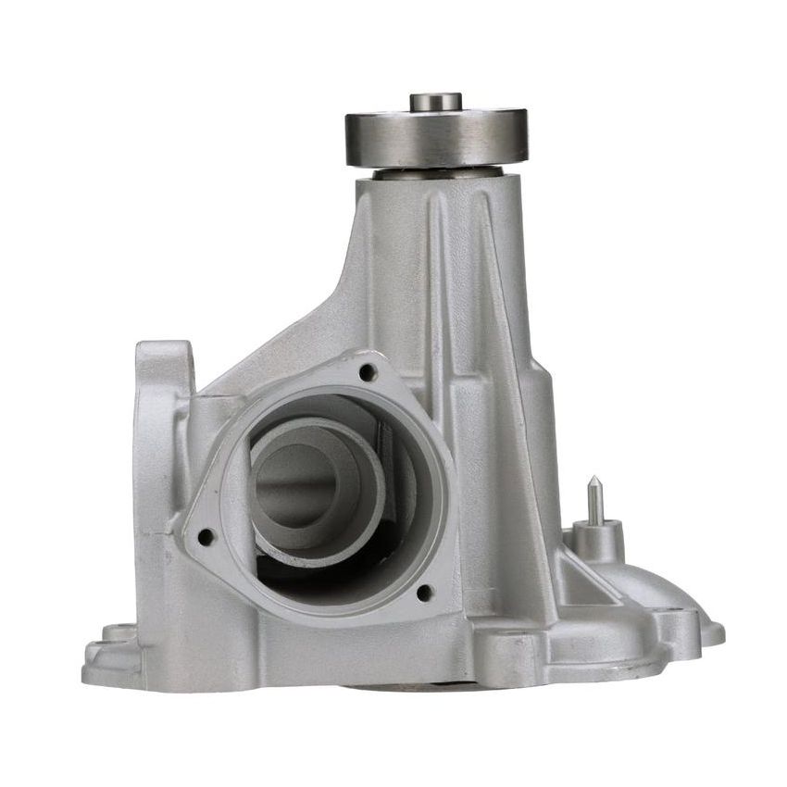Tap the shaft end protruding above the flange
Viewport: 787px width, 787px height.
click(x=436, y=101)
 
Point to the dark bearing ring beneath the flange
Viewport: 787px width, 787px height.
click(x=438, y=172)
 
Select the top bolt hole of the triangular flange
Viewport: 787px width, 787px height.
click(x=368, y=372)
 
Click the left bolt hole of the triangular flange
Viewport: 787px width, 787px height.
click(x=206, y=536)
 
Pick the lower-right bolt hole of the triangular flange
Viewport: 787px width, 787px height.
click(x=424, y=592)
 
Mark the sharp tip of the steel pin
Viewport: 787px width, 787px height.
click(x=594, y=480)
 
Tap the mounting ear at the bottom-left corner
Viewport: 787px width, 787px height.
click(x=111, y=648)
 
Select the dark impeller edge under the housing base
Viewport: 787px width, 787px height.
click(x=407, y=687)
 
